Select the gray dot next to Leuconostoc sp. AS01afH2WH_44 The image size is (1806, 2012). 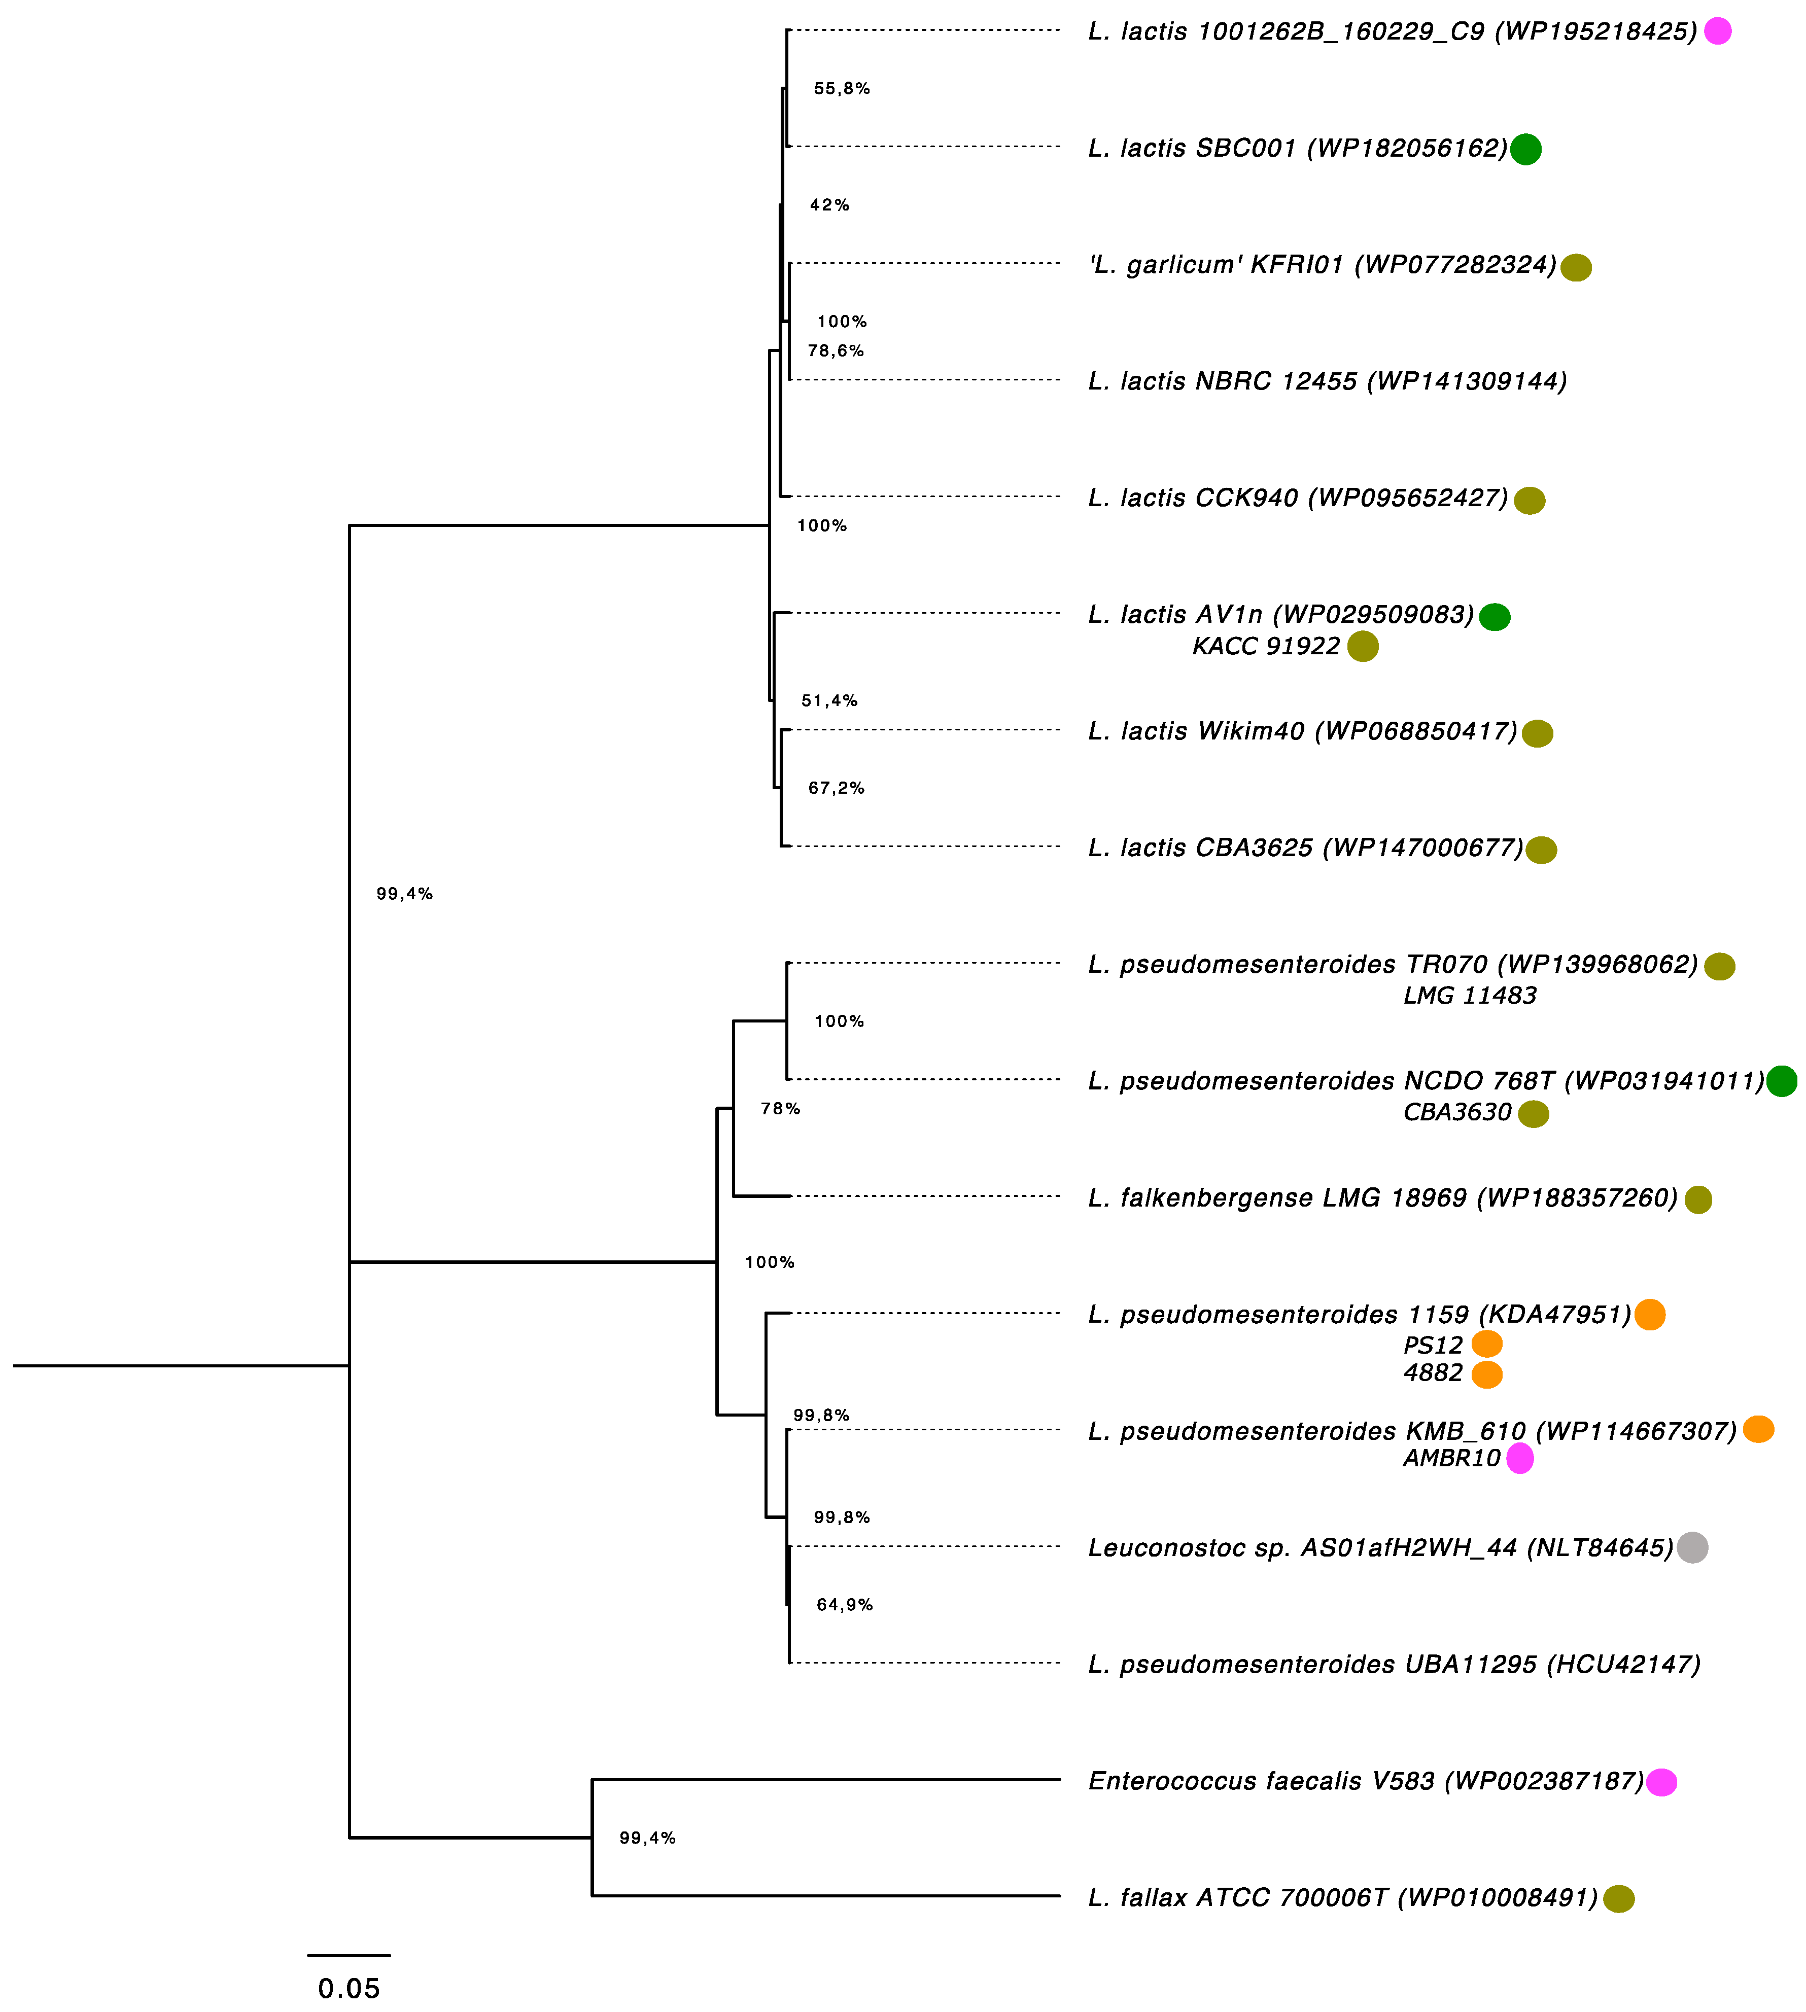tap(1692, 1547)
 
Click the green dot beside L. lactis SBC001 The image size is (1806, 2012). tap(1525, 149)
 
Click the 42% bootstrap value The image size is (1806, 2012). tap(829, 205)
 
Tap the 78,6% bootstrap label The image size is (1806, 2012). tap(836, 350)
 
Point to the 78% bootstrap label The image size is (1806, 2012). tap(780, 1108)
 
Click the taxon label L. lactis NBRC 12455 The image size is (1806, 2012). tap(1327, 381)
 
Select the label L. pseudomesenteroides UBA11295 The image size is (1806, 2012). tap(1394, 1664)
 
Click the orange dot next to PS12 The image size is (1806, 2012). tap(1486, 1345)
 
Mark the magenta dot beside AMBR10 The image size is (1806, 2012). tap(1519, 1458)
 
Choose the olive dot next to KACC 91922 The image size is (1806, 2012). tap(1363, 646)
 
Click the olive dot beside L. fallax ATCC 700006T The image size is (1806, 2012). tap(1618, 1898)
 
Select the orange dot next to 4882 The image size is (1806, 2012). tap(1486, 1374)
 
